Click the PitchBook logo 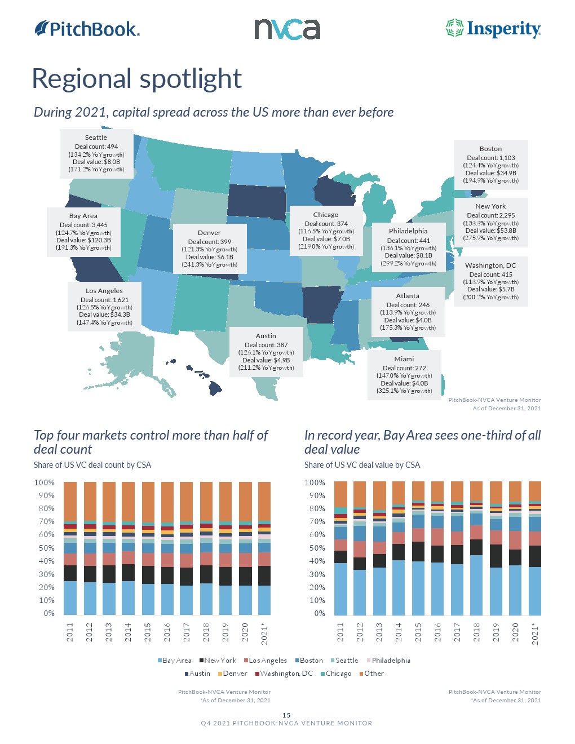(x=87, y=29)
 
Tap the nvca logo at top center (x=287, y=29)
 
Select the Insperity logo (x=493, y=29)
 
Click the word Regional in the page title (x=81, y=79)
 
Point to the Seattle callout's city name (x=96, y=138)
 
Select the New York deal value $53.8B (x=490, y=231)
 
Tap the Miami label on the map (x=404, y=359)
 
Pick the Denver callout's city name (x=209, y=233)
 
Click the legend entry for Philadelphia (x=391, y=661)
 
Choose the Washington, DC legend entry (x=286, y=674)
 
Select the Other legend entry (x=374, y=674)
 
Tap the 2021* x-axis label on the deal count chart (x=264, y=634)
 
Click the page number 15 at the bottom (x=286, y=715)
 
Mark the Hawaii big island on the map (x=215, y=388)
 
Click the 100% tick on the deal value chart (x=315, y=482)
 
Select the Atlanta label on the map (x=408, y=296)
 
